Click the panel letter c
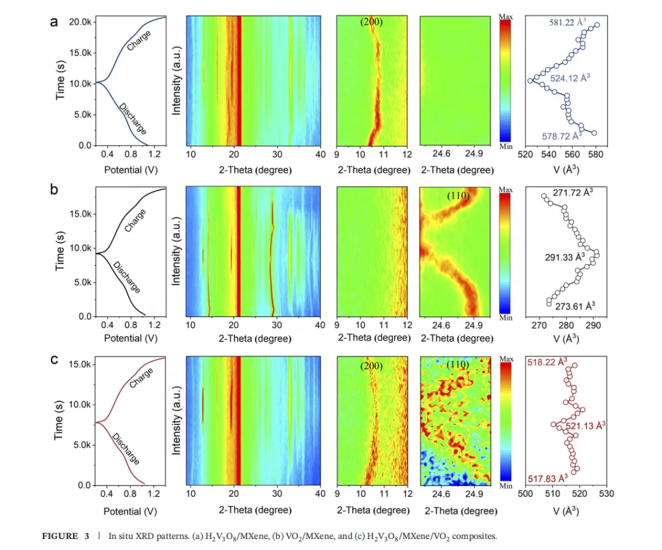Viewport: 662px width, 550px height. tap(55, 359)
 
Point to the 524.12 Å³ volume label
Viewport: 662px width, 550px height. tap(570, 78)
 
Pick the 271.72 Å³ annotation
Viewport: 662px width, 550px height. tap(573, 192)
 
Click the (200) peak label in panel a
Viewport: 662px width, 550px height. tap(371, 23)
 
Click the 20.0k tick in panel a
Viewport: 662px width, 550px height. tap(81, 22)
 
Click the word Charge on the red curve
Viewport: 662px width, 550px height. tap(142, 377)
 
